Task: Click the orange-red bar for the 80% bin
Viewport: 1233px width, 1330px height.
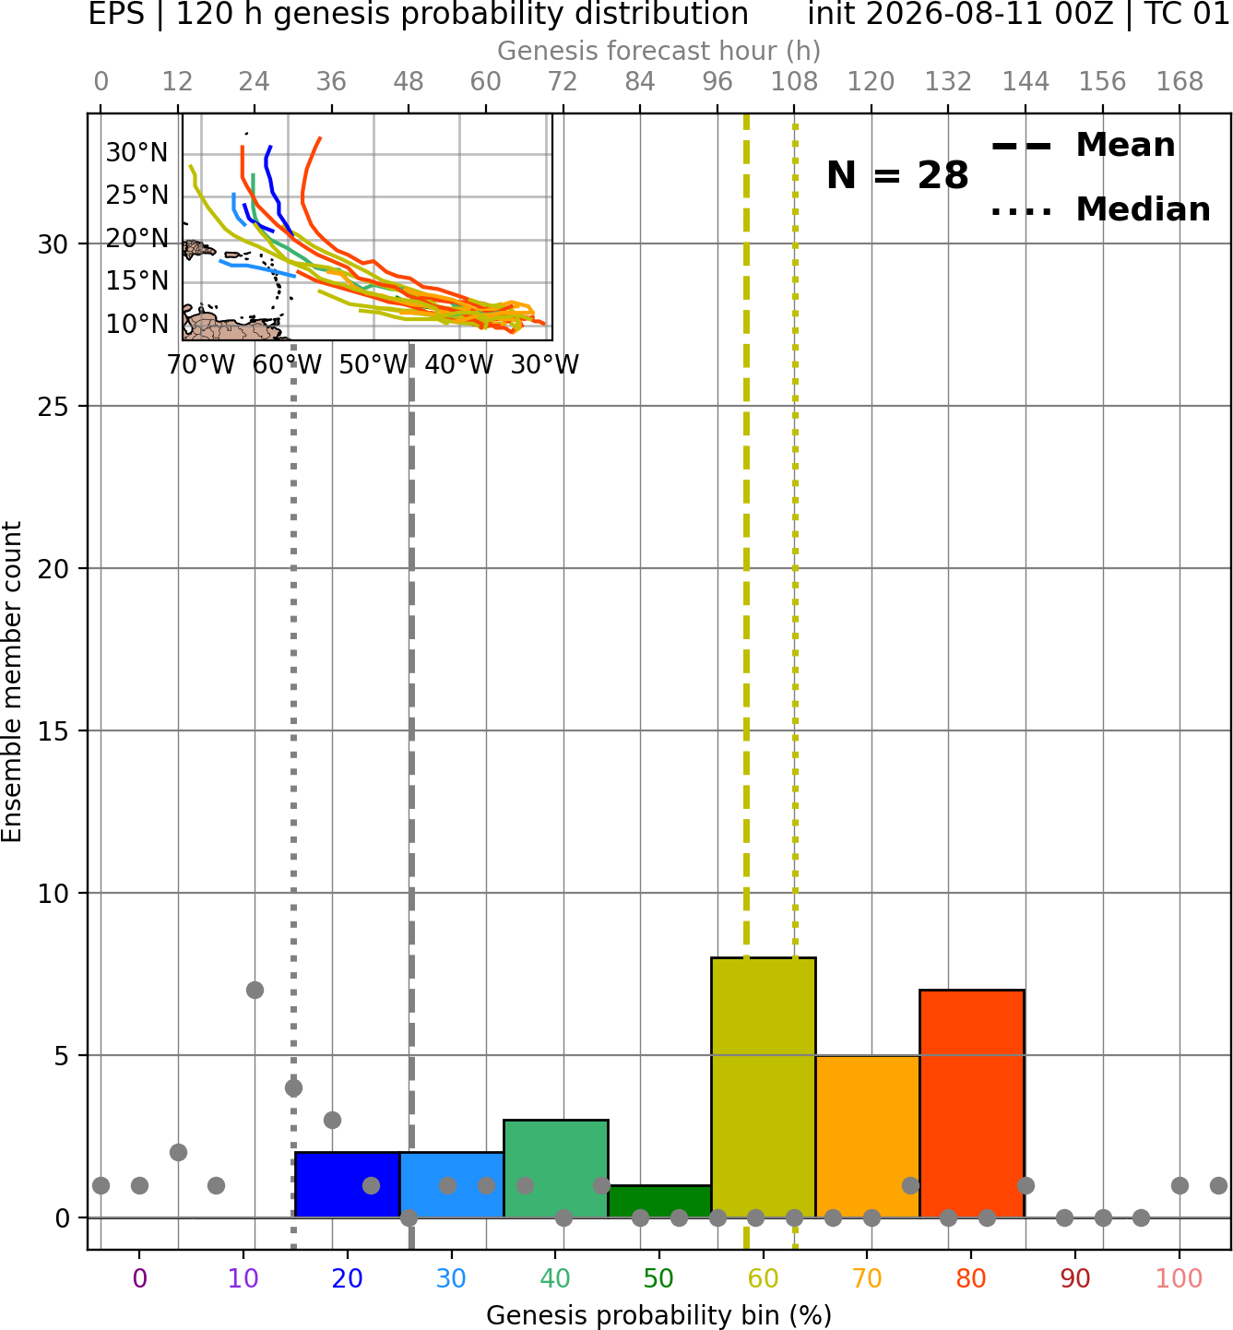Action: (972, 1103)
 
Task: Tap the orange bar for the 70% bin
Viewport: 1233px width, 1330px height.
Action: (868, 1135)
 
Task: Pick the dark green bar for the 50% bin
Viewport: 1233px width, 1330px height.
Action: (659, 1201)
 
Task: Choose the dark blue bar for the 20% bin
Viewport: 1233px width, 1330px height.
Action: (348, 1184)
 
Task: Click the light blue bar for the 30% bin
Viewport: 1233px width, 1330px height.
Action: (451, 1184)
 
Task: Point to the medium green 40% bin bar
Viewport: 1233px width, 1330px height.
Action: (556, 1169)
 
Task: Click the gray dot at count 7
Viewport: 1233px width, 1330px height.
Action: (255, 990)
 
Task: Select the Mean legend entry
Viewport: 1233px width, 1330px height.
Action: (1083, 146)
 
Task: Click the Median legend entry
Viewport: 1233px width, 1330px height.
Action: (1101, 209)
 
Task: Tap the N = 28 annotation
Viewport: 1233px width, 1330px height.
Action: (897, 175)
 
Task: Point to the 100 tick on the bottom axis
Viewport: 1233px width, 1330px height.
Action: (1180, 1278)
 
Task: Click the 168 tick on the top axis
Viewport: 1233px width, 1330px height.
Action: (1180, 82)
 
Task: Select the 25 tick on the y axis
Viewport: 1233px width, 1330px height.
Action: (53, 407)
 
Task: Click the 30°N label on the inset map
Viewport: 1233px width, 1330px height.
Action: (137, 153)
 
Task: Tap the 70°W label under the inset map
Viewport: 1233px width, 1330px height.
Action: (201, 365)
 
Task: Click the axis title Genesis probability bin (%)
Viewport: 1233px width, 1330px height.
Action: (659, 1315)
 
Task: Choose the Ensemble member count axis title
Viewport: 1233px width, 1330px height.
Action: (11, 682)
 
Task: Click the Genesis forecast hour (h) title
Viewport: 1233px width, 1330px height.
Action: (659, 51)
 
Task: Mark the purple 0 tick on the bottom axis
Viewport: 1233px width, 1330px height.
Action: (139, 1278)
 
